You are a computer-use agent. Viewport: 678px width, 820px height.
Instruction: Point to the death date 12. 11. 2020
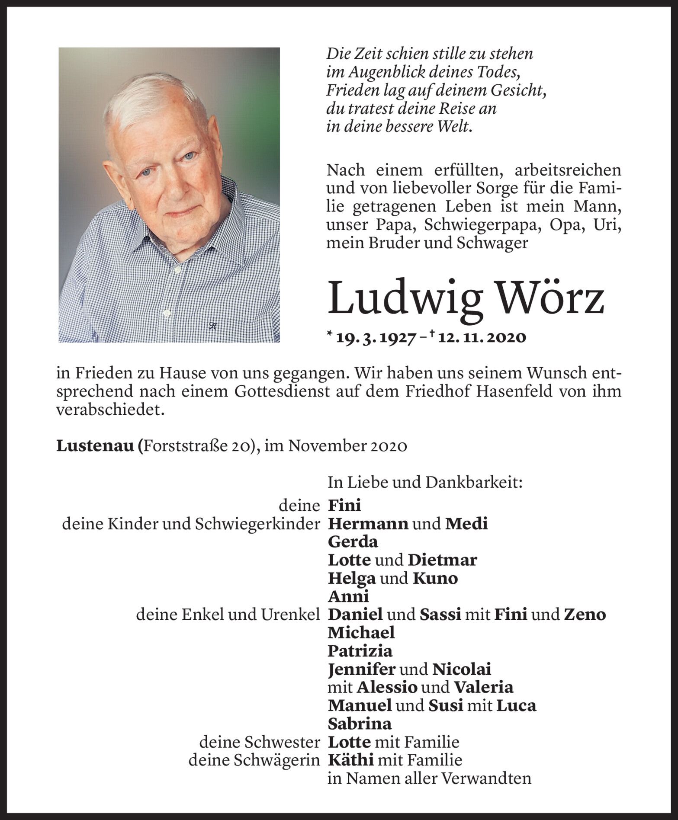tap(482, 337)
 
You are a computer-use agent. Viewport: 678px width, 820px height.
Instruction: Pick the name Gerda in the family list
tap(353, 542)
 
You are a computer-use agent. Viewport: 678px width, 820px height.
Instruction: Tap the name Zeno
tap(585, 615)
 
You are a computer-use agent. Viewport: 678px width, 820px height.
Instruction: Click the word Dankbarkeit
tap(474, 483)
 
